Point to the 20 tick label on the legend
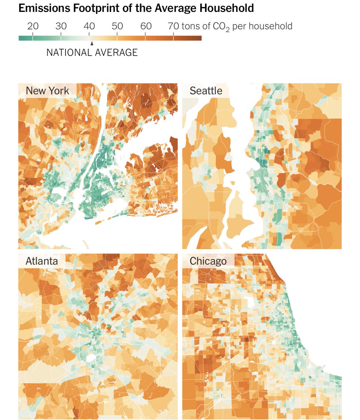pyautogui.click(x=33, y=26)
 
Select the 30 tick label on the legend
pyautogui.click(x=61, y=26)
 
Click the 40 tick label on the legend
pyautogui.click(x=89, y=26)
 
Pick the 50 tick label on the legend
pyautogui.click(x=117, y=26)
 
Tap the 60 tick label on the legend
pyautogui.click(x=146, y=26)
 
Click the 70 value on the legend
pyautogui.click(x=174, y=26)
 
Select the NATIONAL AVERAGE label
pyautogui.click(x=92, y=52)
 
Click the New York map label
pyautogui.click(x=47, y=91)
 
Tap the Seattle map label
pyautogui.click(x=206, y=91)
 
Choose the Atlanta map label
pyautogui.click(x=42, y=261)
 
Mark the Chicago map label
pyautogui.click(x=208, y=261)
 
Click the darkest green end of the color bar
pyautogui.click(x=20, y=38)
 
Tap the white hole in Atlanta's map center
pyautogui.click(x=91, y=358)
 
